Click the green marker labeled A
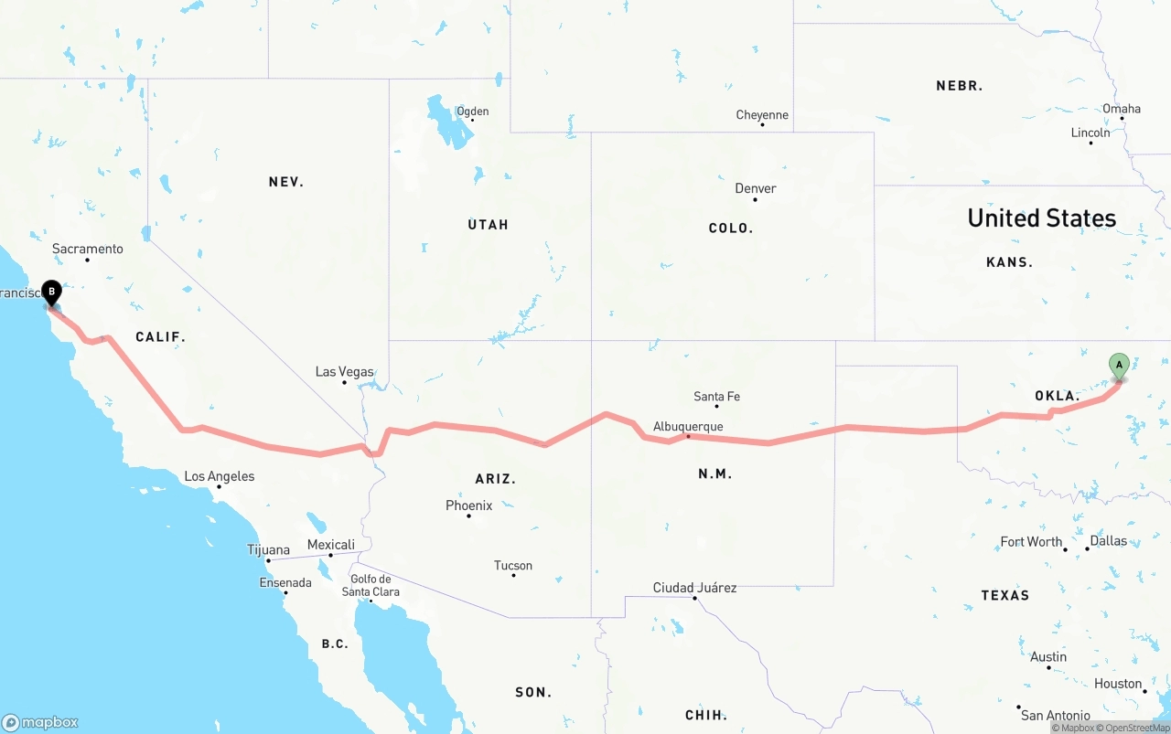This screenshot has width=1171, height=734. (1118, 366)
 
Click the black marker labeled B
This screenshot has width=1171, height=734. (52, 293)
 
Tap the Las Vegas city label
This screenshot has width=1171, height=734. (344, 372)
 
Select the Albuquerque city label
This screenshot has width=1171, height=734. (688, 427)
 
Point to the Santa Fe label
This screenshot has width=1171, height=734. (716, 397)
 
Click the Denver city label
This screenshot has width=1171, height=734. (756, 188)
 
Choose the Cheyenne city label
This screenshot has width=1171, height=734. (762, 115)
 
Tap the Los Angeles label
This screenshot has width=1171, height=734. (220, 476)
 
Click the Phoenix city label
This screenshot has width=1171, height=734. (468, 505)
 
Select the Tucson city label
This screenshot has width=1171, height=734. (512, 566)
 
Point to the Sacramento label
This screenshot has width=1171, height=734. (87, 249)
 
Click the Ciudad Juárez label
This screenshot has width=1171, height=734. (694, 588)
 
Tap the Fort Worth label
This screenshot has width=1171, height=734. (1031, 541)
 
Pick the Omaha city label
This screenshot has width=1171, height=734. (1122, 109)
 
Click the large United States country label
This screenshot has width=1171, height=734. (1041, 218)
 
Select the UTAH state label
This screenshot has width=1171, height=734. (488, 225)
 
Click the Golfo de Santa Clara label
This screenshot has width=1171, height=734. (371, 585)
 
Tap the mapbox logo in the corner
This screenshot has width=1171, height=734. (40, 722)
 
